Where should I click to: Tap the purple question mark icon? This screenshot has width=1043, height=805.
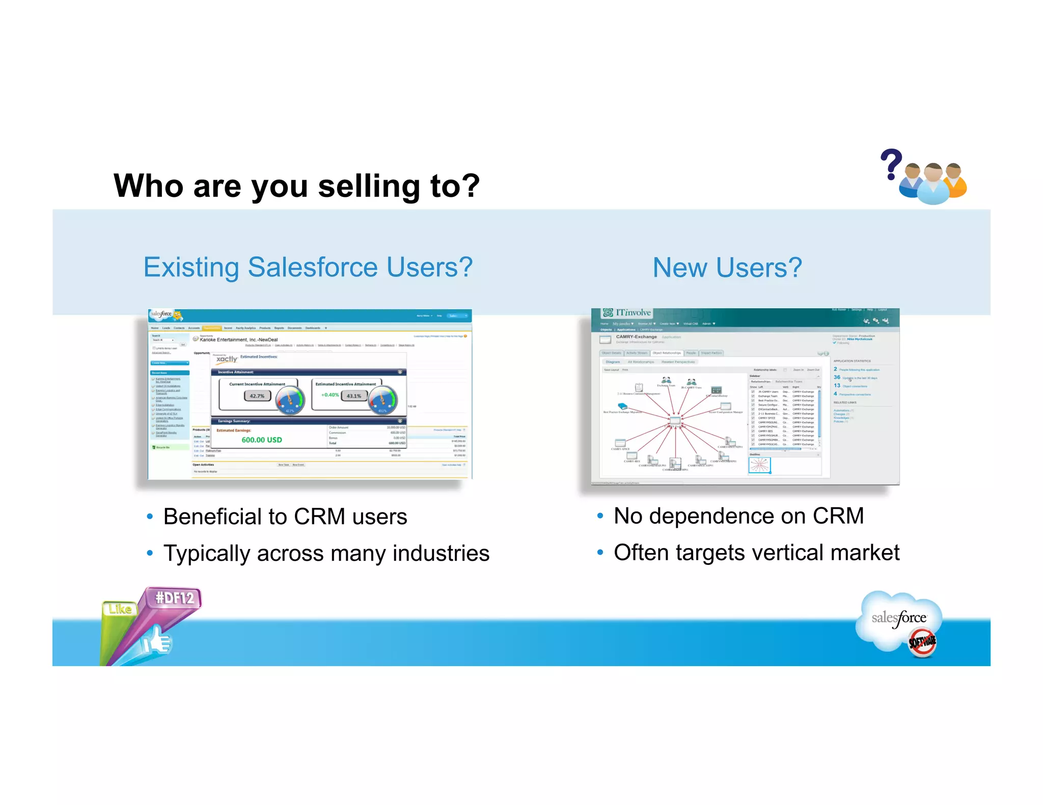[x=891, y=164]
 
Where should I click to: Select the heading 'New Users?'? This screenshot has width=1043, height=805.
[x=727, y=268]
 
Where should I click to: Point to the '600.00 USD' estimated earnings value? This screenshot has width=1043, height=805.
[x=261, y=440]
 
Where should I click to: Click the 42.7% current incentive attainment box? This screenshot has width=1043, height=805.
[x=257, y=395]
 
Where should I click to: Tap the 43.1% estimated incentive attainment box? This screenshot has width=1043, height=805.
[x=354, y=395]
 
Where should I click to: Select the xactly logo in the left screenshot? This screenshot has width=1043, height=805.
[x=227, y=359]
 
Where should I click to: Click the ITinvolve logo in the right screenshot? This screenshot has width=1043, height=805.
[x=627, y=312]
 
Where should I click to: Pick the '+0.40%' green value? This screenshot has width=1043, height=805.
[x=330, y=395]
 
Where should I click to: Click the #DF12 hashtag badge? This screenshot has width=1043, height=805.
[x=174, y=597]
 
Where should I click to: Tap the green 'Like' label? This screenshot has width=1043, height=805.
[x=120, y=609]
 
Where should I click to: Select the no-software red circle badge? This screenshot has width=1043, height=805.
[x=922, y=642]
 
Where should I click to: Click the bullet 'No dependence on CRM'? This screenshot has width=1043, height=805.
[x=738, y=516]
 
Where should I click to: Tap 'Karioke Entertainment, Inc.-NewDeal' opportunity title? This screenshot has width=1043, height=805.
[x=238, y=339]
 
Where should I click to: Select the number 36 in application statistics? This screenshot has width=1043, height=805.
[x=837, y=377]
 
